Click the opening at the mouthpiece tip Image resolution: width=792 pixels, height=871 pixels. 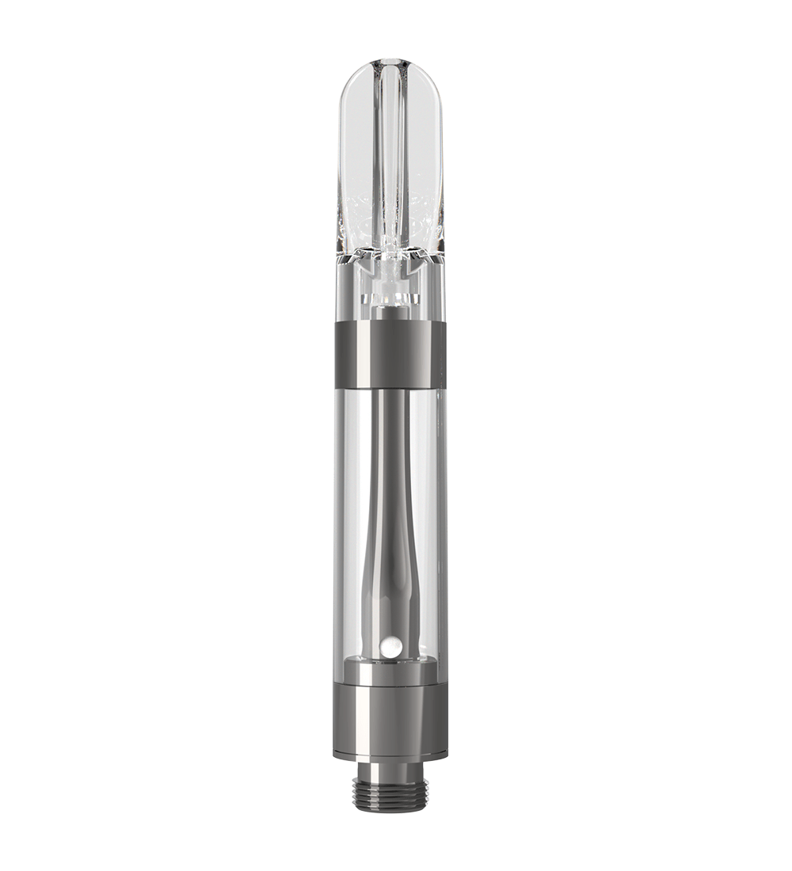(390, 64)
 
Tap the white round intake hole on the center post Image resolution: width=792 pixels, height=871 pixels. (388, 648)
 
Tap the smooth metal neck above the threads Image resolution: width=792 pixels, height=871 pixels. (390, 769)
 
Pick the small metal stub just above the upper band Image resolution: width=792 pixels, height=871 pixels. (389, 313)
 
